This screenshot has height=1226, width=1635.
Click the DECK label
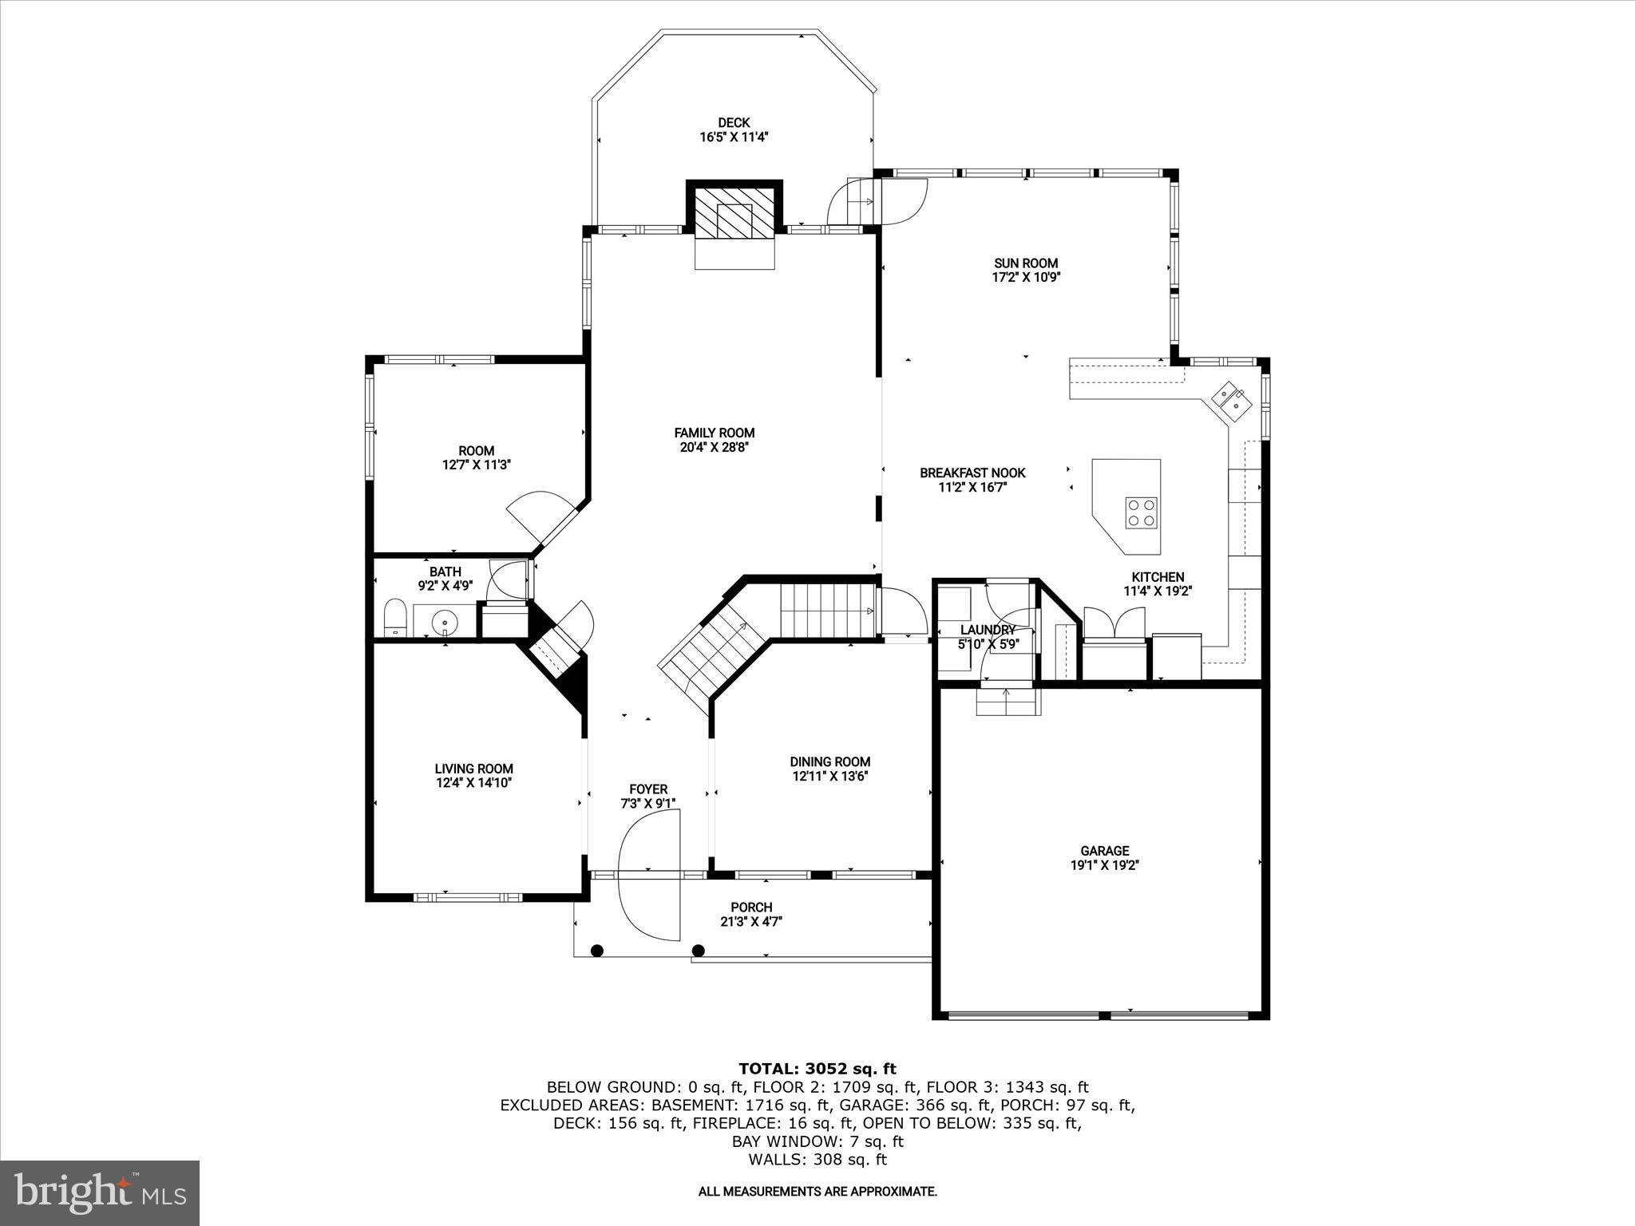pos(733,122)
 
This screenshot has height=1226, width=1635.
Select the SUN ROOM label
pos(1025,263)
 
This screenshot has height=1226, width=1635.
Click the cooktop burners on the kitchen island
pos(1141,512)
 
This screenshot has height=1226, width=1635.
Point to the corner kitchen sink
pos(1230,400)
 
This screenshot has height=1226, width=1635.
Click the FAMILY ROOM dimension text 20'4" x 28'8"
pos(714,448)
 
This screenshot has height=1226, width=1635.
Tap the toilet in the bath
pos(396,619)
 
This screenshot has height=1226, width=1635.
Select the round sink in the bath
pos(444,620)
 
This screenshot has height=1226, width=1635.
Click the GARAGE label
pos(1104,851)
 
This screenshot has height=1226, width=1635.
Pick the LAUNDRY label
pos(988,630)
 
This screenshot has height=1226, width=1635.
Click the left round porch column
pos(596,950)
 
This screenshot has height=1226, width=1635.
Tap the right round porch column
pos(699,950)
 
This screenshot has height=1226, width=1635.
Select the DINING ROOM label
pos(829,761)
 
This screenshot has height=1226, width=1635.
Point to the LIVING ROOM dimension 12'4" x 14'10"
pos(473,783)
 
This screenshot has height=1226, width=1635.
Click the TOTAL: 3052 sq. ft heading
pos(817,1069)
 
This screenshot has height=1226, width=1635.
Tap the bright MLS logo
pos(100,1192)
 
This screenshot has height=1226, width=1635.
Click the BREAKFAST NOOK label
pos(972,473)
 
